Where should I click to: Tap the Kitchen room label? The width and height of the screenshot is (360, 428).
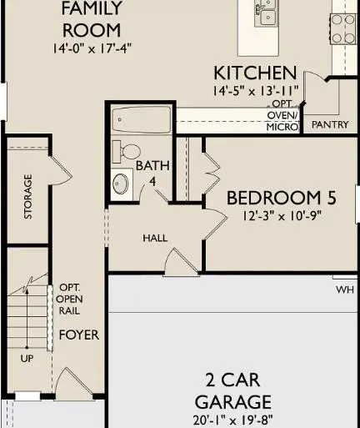click(255, 73)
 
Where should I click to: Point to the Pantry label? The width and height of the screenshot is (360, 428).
click(329, 124)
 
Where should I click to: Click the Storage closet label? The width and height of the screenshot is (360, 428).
click(28, 196)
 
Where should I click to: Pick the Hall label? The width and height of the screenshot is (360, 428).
click(155, 238)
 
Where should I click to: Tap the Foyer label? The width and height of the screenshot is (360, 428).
click(78, 335)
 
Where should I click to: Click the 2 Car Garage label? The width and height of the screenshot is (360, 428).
click(232, 390)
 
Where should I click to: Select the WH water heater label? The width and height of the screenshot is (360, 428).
click(345, 290)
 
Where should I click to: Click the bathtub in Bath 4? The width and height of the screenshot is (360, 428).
click(140, 120)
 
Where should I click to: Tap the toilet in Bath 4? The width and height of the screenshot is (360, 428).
click(127, 153)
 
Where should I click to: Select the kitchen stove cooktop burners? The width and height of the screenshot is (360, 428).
click(344, 28)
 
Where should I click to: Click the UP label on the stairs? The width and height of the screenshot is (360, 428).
click(27, 359)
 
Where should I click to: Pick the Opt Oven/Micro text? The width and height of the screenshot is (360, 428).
click(282, 116)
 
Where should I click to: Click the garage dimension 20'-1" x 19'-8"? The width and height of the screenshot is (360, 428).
click(232, 420)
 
